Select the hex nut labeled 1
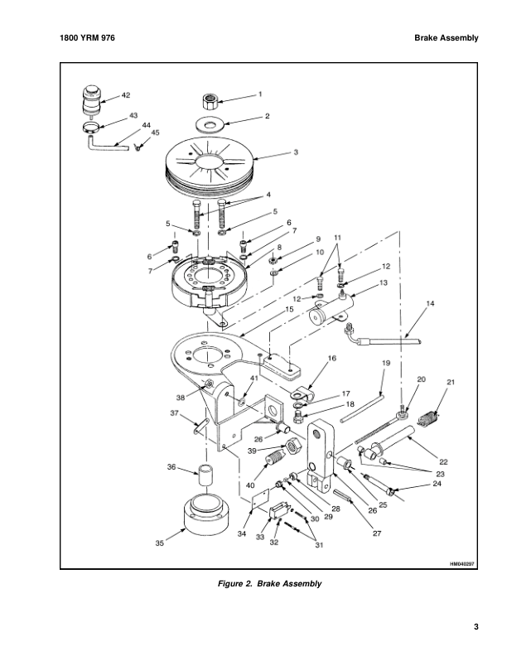pyautogui.click(x=210, y=104)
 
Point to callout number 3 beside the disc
pyautogui.click(x=273, y=152)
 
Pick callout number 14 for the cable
pyautogui.click(x=430, y=305)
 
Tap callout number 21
pyautogui.click(x=451, y=382)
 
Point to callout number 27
pyautogui.click(x=376, y=533)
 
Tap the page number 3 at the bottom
pyautogui.click(x=476, y=626)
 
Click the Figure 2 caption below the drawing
pyautogui.click(x=268, y=584)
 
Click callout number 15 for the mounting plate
pyautogui.click(x=289, y=309)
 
